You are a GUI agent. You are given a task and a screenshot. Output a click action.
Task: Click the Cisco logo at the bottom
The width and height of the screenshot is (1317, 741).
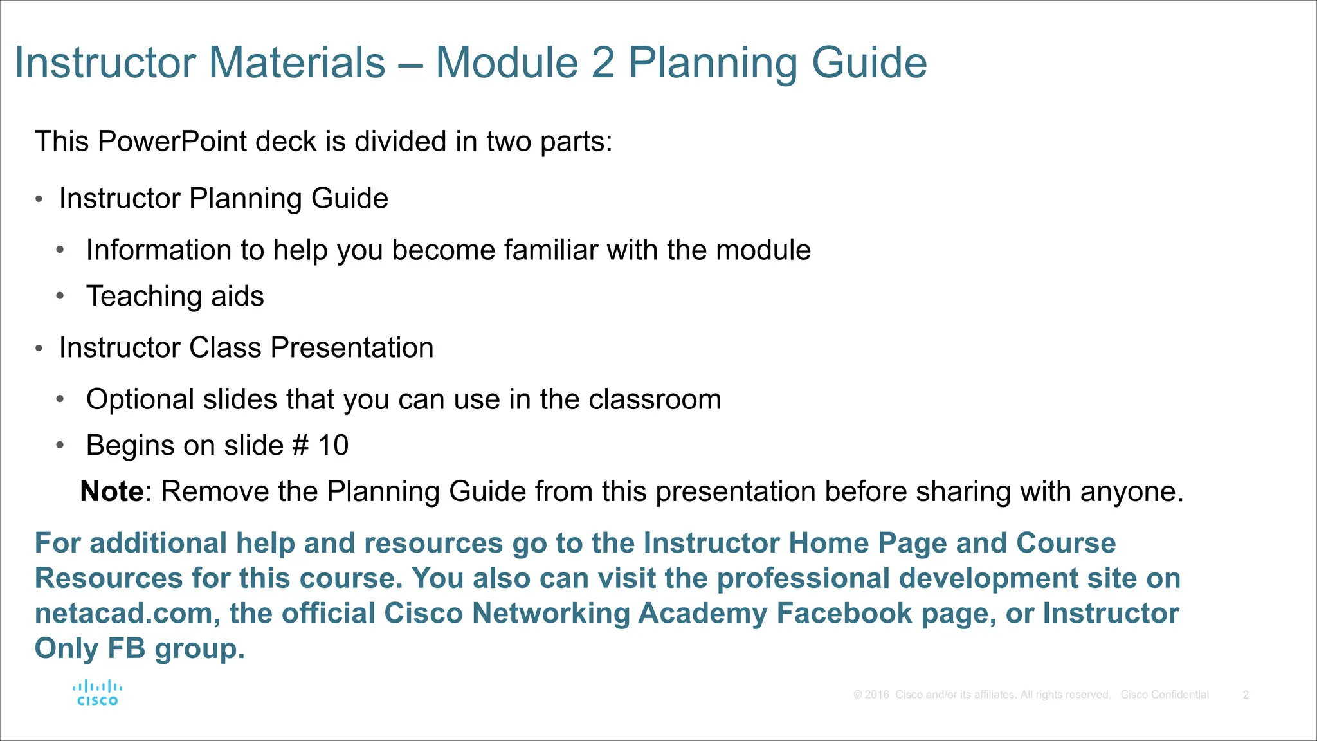click(x=97, y=693)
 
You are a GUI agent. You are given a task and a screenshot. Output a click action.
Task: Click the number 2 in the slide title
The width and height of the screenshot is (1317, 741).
click(x=603, y=63)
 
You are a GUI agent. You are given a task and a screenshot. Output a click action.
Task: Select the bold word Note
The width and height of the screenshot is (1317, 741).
click(x=112, y=491)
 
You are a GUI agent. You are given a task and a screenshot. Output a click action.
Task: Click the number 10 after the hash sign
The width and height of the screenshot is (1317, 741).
click(x=333, y=445)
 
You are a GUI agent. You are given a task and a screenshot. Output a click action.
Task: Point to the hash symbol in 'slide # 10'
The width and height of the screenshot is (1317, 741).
click(x=300, y=445)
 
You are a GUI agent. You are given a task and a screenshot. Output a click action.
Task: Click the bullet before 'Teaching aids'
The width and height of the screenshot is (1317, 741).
click(x=60, y=296)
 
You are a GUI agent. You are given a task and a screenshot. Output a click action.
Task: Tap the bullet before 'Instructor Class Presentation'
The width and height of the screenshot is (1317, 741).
click(x=39, y=348)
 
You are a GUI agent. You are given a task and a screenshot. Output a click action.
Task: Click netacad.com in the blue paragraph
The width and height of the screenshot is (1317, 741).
click(x=123, y=613)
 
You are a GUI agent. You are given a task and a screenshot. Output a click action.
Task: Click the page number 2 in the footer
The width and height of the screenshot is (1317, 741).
click(x=1246, y=695)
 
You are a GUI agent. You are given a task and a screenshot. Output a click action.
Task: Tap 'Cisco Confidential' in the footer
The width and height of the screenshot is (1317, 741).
click(x=1165, y=695)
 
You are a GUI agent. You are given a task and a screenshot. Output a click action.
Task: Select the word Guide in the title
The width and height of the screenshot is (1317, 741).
click(x=869, y=63)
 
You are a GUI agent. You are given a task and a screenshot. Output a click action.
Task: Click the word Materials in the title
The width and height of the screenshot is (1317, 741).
click(x=296, y=63)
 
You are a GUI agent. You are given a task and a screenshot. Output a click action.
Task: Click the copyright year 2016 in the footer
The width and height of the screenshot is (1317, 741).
click(x=876, y=695)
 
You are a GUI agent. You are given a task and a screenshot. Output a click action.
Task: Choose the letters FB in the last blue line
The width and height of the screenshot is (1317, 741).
click(x=126, y=648)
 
